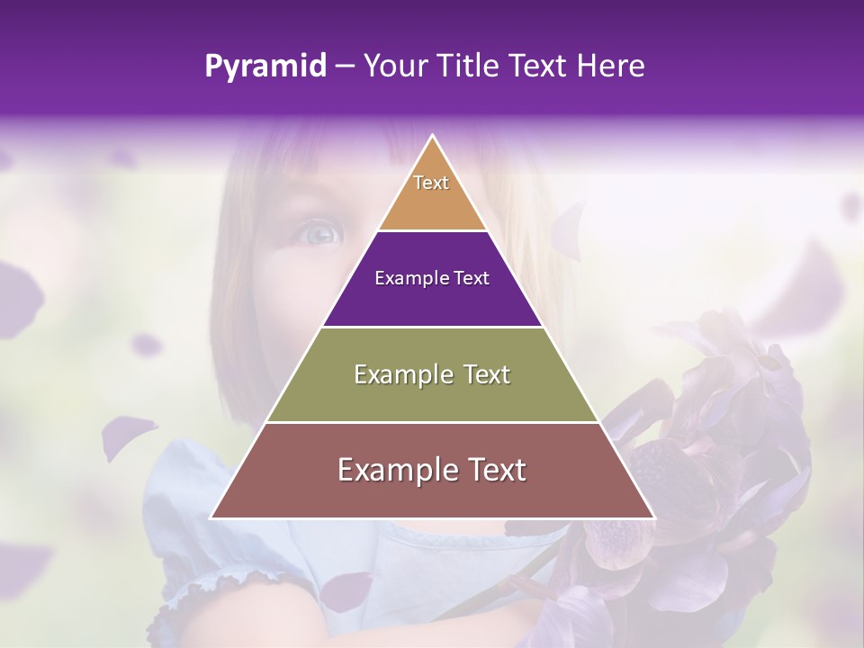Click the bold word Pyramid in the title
tap(265, 67)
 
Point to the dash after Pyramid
tap(345, 67)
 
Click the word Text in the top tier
tap(431, 183)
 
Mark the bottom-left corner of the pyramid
tap(212, 517)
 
